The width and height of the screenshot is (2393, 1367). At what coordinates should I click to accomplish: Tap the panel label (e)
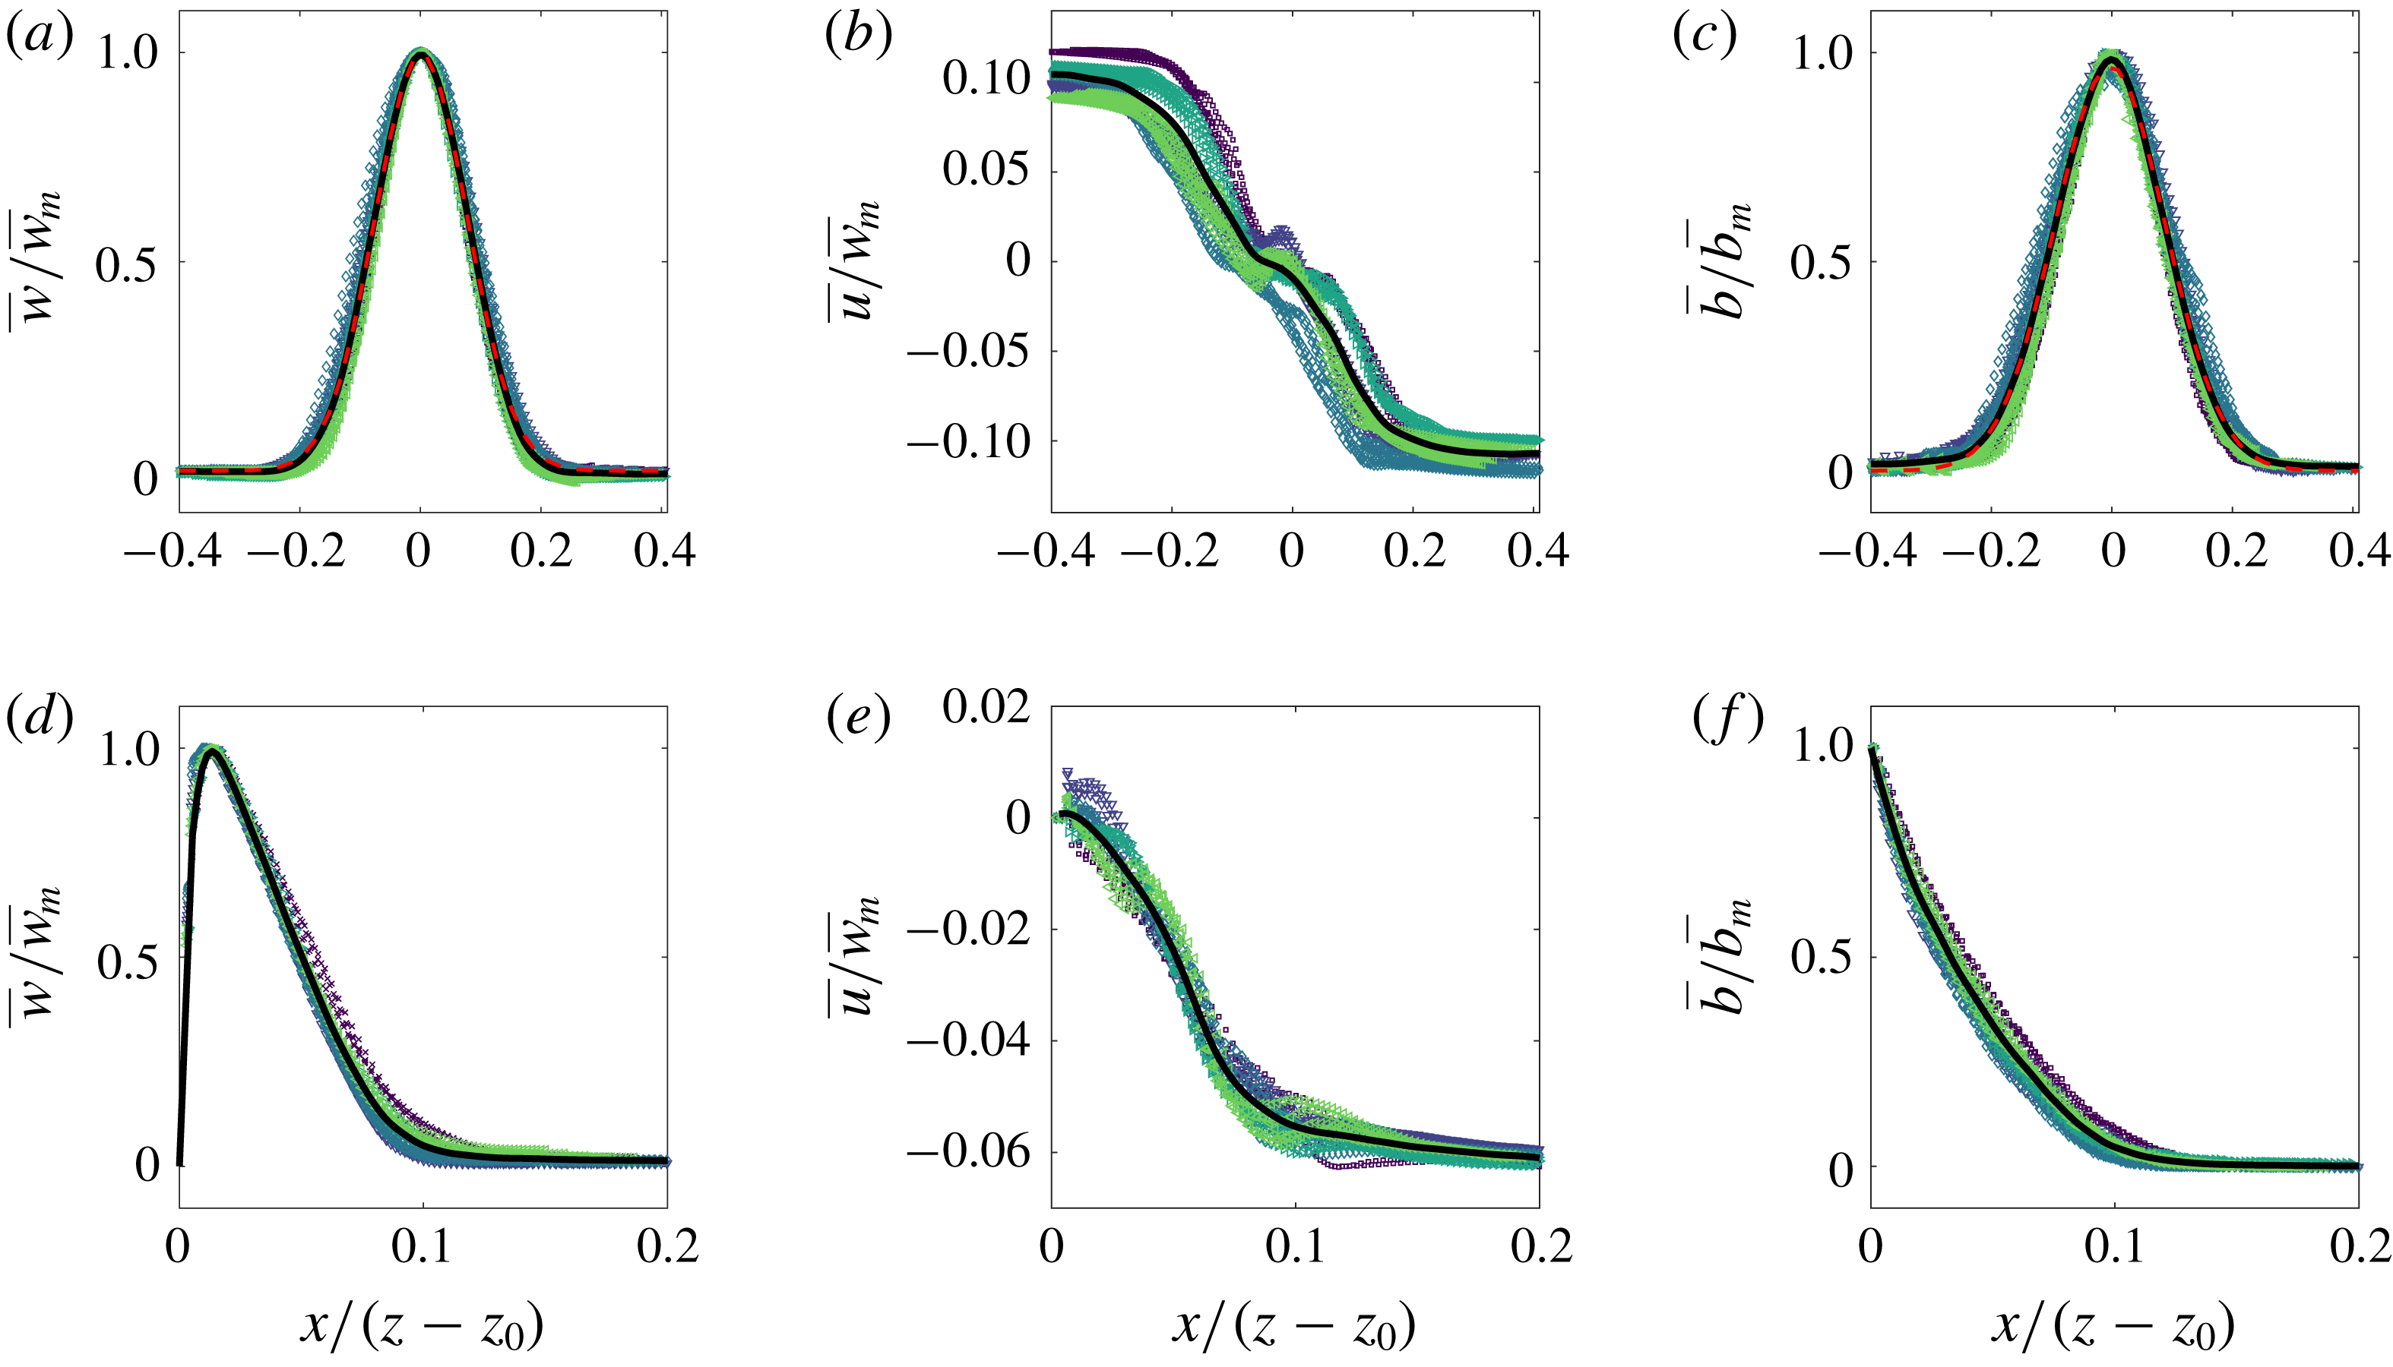[857, 720]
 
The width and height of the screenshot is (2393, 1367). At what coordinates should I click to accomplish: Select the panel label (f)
[1727, 720]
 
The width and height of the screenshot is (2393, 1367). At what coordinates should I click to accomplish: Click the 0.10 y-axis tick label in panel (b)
[986, 80]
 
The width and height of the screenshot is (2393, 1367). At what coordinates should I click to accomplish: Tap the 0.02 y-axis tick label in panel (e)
[986, 706]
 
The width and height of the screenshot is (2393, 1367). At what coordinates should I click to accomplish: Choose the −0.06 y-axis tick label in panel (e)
[969, 1152]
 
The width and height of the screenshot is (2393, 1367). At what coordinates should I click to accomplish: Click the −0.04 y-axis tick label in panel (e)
[969, 1040]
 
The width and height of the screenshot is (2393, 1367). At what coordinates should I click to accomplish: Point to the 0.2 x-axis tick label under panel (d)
[668, 1247]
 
